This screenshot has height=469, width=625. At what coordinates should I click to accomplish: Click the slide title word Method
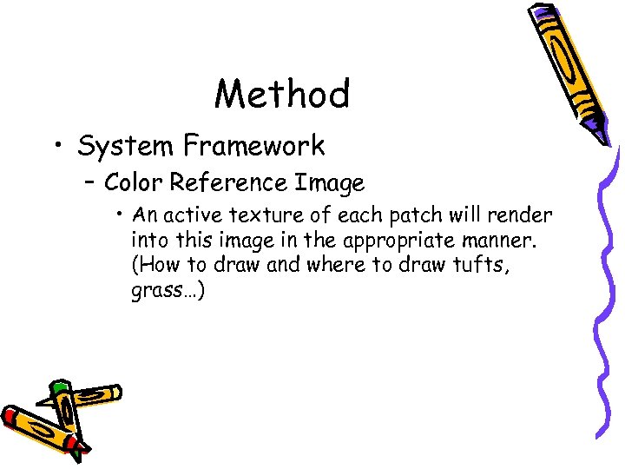tap(282, 94)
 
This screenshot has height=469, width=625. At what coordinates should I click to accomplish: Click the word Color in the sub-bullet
tap(134, 182)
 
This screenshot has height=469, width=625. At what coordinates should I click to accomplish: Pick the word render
tap(522, 215)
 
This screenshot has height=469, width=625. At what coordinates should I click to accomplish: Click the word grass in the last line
tap(157, 291)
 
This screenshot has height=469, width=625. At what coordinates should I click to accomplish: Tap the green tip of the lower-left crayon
tap(59, 385)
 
